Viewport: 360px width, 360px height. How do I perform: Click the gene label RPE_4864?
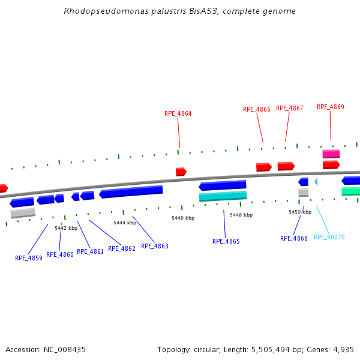point(178,113)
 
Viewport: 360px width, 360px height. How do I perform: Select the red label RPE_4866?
point(257,109)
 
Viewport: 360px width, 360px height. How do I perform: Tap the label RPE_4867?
point(290,108)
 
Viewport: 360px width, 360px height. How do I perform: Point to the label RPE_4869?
point(331,107)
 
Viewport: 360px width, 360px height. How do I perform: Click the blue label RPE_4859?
point(29,258)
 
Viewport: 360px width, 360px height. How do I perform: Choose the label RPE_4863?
point(155,246)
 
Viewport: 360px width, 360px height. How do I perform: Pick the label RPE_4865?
point(226,241)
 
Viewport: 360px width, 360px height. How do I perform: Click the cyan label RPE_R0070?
point(329,238)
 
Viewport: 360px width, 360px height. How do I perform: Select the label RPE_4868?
point(294,238)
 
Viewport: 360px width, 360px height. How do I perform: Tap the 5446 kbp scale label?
point(183,218)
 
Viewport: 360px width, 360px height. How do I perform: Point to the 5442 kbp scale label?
point(66,228)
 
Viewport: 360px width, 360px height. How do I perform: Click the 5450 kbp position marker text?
point(300,212)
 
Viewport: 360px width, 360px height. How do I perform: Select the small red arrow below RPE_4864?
point(181,172)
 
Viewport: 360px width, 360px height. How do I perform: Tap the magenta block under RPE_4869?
point(331,154)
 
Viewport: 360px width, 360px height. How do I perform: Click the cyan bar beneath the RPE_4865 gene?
point(223,196)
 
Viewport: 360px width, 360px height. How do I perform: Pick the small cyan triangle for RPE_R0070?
point(316,181)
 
